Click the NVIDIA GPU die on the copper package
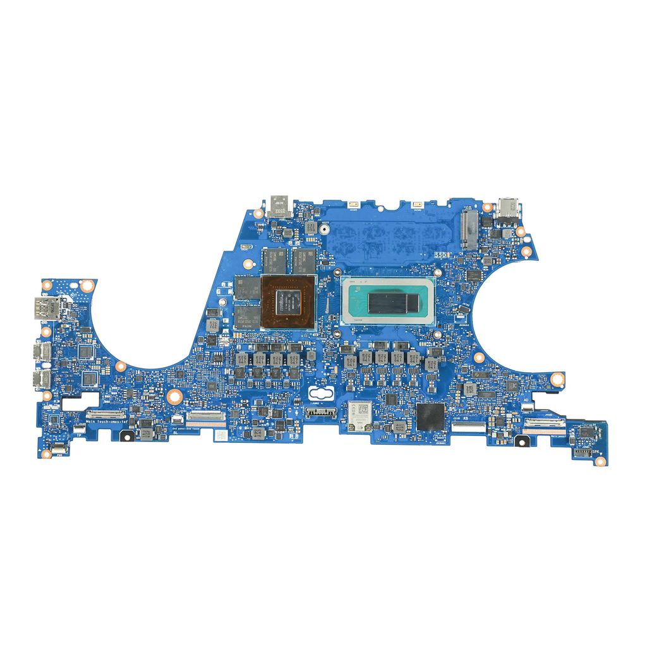pyautogui.click(x=287, y=301)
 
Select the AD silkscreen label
pyautogui.click(x=526, y=401)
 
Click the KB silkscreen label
pyautogui.click(x=466, y=418)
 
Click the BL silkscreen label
pyautogui.click(x=174, y=433)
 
